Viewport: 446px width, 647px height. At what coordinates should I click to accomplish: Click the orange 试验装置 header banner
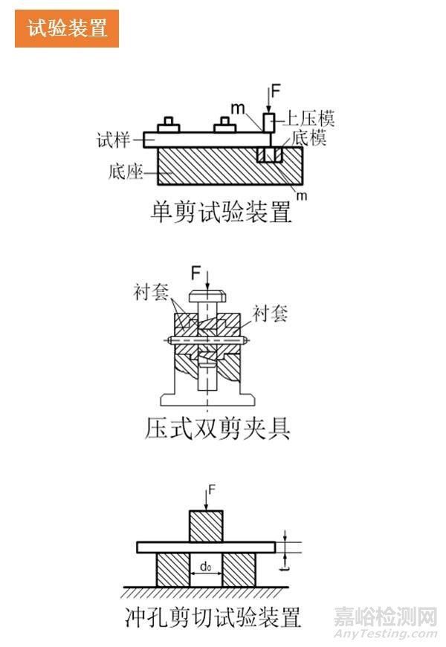coord(67,29)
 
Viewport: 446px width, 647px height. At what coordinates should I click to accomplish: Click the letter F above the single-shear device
coord(276,92)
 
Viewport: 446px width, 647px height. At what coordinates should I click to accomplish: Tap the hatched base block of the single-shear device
coord(208,168)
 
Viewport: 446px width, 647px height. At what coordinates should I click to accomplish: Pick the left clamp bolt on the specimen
coord(168,125)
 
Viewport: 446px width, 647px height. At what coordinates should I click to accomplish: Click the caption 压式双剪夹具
coord(217,429)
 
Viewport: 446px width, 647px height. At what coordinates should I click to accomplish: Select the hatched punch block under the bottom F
coord(206,527)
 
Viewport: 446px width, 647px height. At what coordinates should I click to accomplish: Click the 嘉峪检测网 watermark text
coord(384,616)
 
